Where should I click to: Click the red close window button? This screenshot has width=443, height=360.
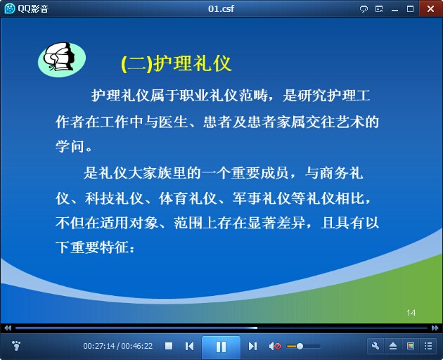click(430, 8)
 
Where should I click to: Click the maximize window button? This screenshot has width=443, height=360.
click(410, 9)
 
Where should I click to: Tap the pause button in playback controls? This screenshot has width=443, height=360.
click(221, 347)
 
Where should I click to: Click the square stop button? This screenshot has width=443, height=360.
click(169, 346)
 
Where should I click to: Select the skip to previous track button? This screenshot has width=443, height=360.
click(189, 346)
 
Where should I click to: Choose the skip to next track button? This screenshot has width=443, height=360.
click(252, 346)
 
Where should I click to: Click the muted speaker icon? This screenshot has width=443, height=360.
click(275, 346)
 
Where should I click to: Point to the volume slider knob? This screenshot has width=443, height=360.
click(300, 346)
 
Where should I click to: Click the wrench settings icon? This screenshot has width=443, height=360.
click(375, 346)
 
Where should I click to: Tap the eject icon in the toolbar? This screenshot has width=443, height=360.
click(393, 346)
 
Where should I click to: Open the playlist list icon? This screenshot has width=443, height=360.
click(428, 346)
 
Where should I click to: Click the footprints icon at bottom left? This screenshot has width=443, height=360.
click(16, 346)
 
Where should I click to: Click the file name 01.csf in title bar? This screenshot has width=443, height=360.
click(221, 8)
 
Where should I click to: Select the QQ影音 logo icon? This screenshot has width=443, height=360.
click(9, 8)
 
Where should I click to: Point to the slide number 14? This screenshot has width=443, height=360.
click(411, 312)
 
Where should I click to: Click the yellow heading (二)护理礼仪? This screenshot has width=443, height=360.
click(176, 63)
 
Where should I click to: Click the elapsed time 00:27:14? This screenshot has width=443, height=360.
click(99, 346)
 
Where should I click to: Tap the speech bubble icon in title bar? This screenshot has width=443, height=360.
click(364, 9)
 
